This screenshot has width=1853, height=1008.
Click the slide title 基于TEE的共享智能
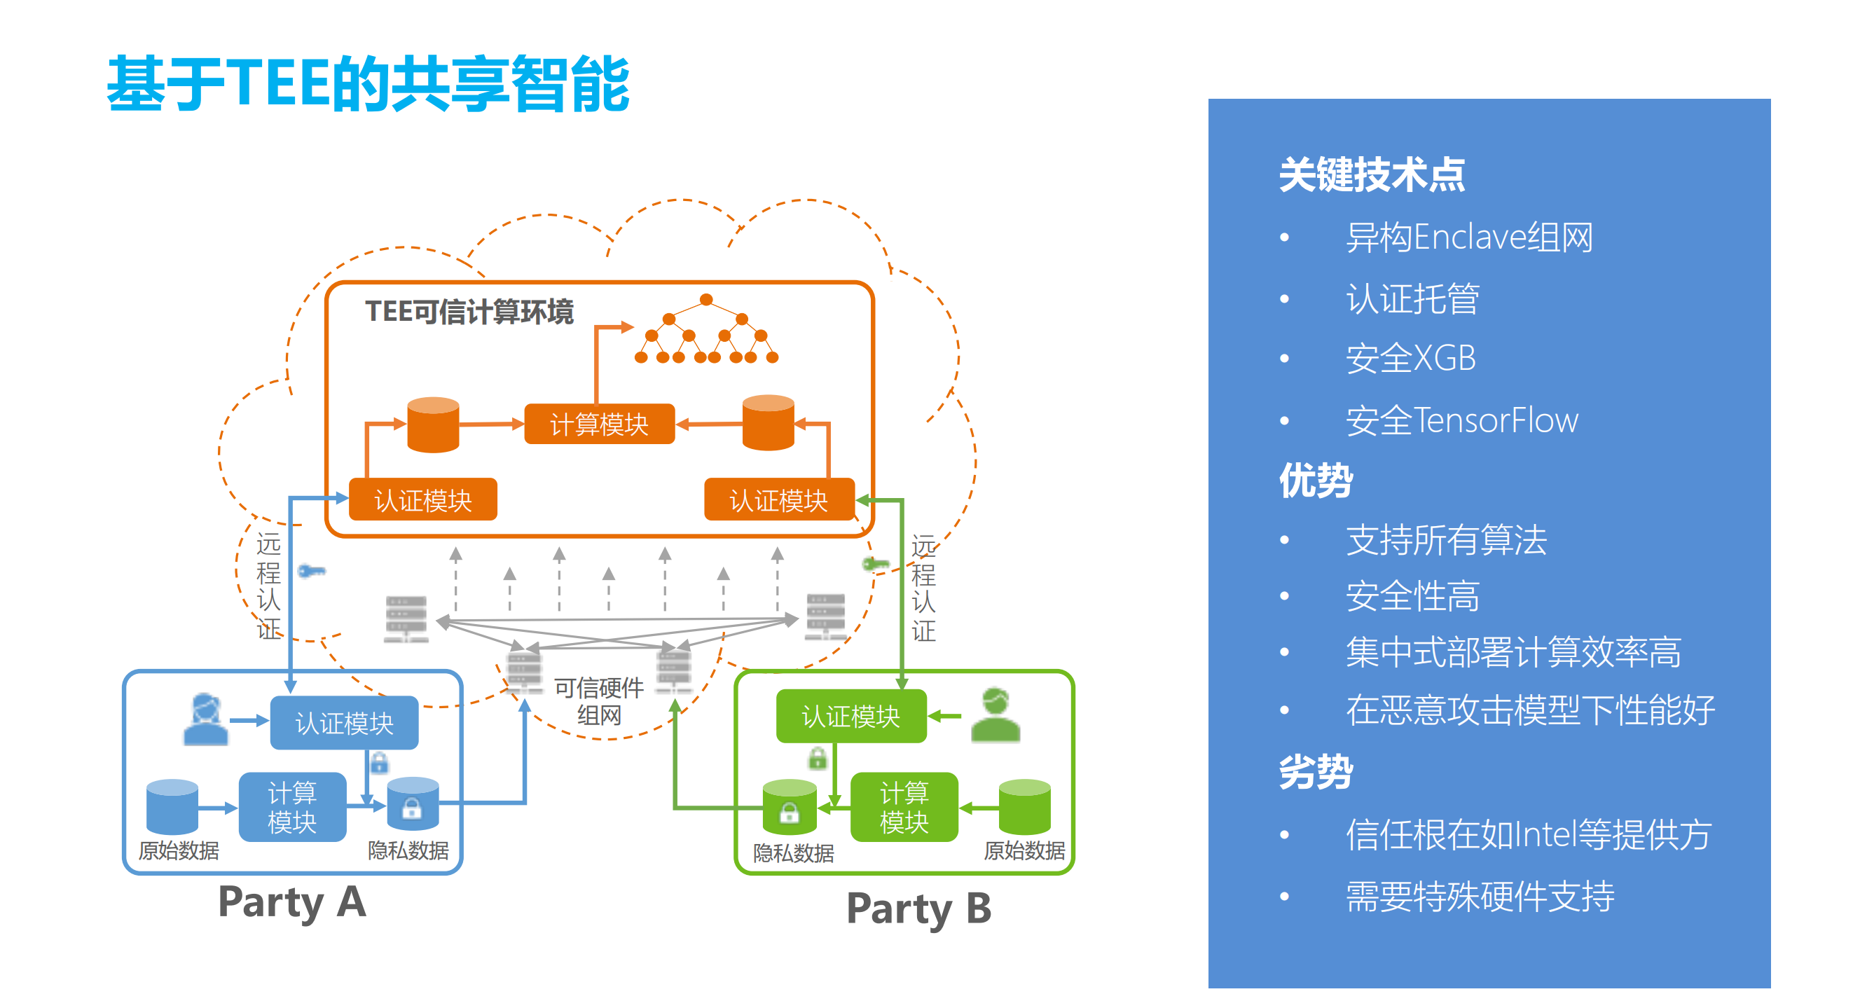coord(368,84)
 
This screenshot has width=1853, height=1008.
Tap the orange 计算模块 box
coord(598,424)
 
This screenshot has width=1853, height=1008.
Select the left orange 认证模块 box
coord(422,499)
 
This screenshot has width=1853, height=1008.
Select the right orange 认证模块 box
coord(778,499)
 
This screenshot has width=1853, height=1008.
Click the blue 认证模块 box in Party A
coord(344,722)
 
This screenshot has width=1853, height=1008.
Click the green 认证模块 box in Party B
coord(850,716)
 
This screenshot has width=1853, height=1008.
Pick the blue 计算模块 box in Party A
coord(291,807)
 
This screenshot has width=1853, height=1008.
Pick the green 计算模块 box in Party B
coord(904,807)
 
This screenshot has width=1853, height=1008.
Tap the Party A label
coord(292,901)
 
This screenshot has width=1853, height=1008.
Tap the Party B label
coord(918,908)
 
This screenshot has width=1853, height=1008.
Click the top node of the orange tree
coord(705,299)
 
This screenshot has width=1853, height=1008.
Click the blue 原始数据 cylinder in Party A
coord(172,807)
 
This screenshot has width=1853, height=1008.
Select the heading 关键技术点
coord(1371,175)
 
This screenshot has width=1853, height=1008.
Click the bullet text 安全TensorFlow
coord(1461,420)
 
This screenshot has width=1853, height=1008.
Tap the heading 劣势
coord(1315,772)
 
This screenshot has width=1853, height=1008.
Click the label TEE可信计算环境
coord(469,312)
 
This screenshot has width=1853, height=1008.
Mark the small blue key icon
coord(312,572)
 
